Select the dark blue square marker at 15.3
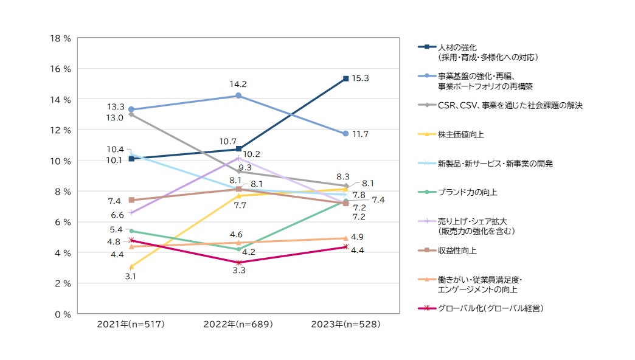coord(345,78)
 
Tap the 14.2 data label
coord(238,84)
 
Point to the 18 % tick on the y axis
coord(60,38)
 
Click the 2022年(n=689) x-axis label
coord(238,325)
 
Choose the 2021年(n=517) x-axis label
coord(131,325)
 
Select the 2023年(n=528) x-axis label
coord(345,325)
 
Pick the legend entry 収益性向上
coord(456,251)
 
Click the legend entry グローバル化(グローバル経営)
coord(490,309)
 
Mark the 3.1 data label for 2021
coord(130,276)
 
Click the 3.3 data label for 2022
coord(238,271)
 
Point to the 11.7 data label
coord(361,134)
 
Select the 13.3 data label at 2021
coord(116,106)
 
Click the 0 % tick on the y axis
coord(62,314)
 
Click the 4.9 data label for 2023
coord(358,237)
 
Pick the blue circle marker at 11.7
coord(345,133)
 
